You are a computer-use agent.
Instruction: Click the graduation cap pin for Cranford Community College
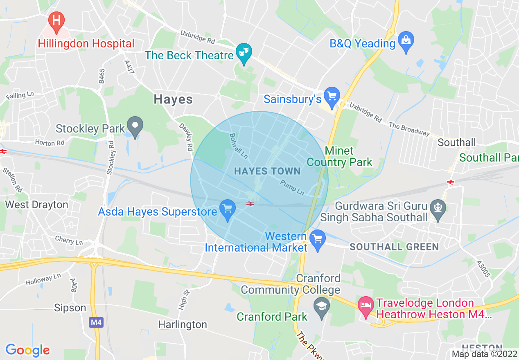tap(322, 306)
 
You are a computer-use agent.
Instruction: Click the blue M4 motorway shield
tap(96, 322)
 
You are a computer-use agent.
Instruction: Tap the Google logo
tap(27, 350)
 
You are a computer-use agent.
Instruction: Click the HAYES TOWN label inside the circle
tap(267, 171)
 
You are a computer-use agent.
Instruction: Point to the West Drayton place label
tap(36, 205)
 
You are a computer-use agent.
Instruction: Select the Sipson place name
tap(70, 308)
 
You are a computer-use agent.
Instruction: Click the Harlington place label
tap(183, 324)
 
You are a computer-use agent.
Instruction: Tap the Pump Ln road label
tap(292, 187)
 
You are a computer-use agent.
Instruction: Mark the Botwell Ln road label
tap(239, 146)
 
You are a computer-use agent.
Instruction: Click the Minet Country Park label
tap(339, 157)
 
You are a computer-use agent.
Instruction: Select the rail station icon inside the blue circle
tap(250, 203)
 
